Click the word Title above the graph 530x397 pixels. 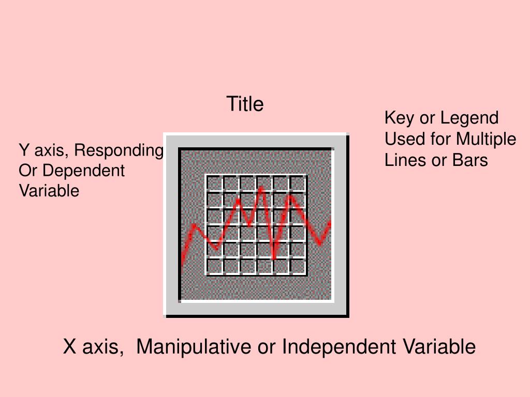click(245, 104)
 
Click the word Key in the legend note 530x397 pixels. click(400, 118)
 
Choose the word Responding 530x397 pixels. click(119, 150)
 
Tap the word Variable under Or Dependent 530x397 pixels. click(49, 191)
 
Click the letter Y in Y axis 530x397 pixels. click(24, 150)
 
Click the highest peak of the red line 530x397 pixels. click(261, 188)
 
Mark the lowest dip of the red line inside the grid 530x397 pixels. click(274, 257)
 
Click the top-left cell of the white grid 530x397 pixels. click(214, 184)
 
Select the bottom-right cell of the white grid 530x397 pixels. click(298, 267)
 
